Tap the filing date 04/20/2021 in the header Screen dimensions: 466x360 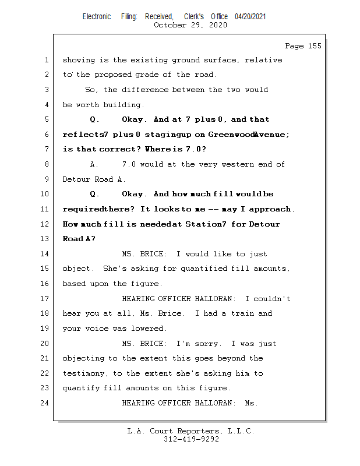coord(250,17)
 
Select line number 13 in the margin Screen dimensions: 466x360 coord(47,239)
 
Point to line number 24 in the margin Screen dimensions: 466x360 coord(47,403)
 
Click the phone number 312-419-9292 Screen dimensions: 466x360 coord(191,439)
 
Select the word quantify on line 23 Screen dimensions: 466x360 coord(80,388)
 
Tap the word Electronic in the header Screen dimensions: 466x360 coord(96,17)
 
